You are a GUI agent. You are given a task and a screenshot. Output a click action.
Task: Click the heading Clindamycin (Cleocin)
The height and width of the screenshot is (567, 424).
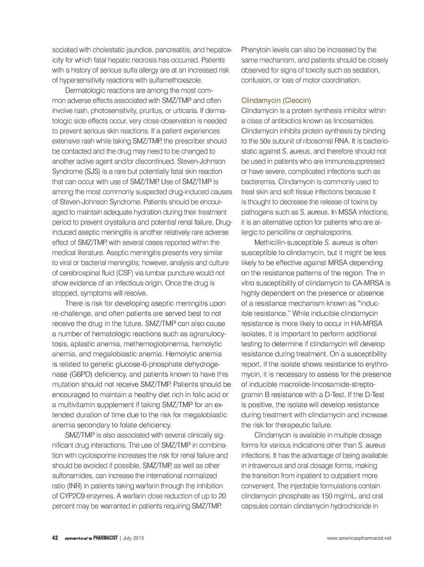(x=276, y=101)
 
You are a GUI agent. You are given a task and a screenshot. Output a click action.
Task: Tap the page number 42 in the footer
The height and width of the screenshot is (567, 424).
(x=55, y=538)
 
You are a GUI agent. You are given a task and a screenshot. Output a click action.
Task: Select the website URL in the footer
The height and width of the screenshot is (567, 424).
(x=359, y=538)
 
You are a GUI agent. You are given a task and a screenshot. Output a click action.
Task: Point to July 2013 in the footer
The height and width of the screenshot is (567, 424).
(x=133, y=538)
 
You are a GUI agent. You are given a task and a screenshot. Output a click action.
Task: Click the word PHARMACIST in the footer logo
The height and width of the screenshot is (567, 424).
(x=102, y=538)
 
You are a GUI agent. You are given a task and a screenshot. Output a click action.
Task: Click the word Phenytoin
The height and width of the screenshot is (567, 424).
(x=256, y=50)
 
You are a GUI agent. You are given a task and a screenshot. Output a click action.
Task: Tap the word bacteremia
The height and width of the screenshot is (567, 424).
(x=260, y=181)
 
